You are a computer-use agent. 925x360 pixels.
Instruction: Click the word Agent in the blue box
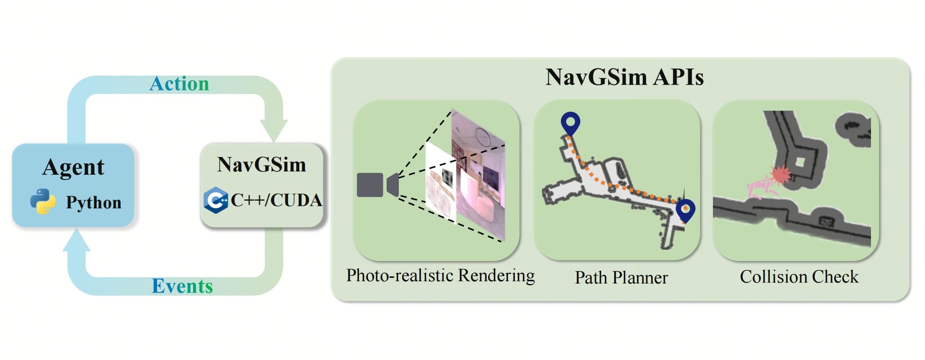[x=73, y=167]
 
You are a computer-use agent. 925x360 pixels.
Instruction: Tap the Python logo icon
[x=43, y=201]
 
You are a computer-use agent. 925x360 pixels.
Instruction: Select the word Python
[x=94, y=202]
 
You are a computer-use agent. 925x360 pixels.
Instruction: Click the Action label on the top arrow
[x=179, y=84]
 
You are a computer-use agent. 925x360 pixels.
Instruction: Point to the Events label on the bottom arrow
[x=182, y=286]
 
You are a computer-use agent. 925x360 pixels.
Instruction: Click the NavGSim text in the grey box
[x=262, y=165]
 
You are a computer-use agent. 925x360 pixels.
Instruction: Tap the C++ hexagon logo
[x=216, y=200]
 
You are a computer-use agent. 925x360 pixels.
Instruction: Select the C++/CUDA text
[x=276, y=200]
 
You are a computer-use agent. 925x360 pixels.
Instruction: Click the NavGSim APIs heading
[x=624, y=77]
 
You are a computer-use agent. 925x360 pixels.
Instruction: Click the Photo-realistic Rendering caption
[x=440, y=275]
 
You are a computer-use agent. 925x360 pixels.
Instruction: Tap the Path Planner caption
[x=621, y=278]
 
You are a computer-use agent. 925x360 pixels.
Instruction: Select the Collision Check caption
[x=799, y=277]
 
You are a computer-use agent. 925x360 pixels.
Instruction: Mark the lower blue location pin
[x=686, y=210]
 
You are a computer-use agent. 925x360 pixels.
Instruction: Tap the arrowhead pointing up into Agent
[x=77, y=240]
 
